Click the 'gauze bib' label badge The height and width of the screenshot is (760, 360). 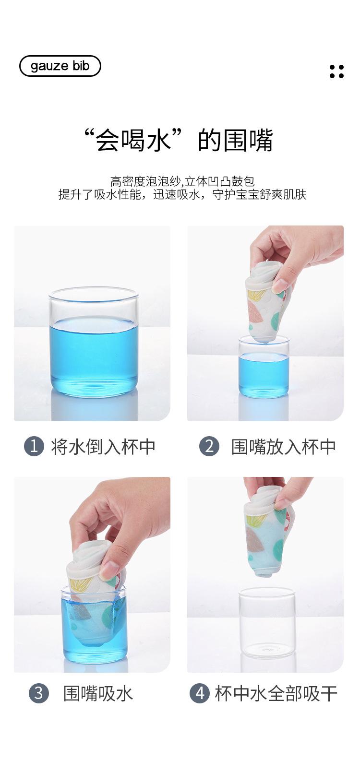(x=60, y=66)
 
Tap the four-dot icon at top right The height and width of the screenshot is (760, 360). (x=336, y=71)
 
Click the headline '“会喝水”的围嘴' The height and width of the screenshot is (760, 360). (x=179, y=141)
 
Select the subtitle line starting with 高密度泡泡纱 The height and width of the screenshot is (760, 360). (x=182, y=181)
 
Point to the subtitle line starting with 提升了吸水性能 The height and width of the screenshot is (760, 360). (x=182, y=194)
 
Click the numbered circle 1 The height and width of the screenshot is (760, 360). (x=34, y=447)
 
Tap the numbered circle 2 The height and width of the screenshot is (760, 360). (x=209, y=447)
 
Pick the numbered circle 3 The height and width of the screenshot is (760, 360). (x=39, y=694)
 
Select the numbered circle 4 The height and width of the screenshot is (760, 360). (x=199, y=694)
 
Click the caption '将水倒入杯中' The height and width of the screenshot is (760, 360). (x=103, y=447)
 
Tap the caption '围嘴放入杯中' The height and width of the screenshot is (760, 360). (x=283, y=447)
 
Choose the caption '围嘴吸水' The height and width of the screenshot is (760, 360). (x=98, y=694)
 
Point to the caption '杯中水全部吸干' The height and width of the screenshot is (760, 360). (x=276, y=694)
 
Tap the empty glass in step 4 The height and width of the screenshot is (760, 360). (x=267, y=624)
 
